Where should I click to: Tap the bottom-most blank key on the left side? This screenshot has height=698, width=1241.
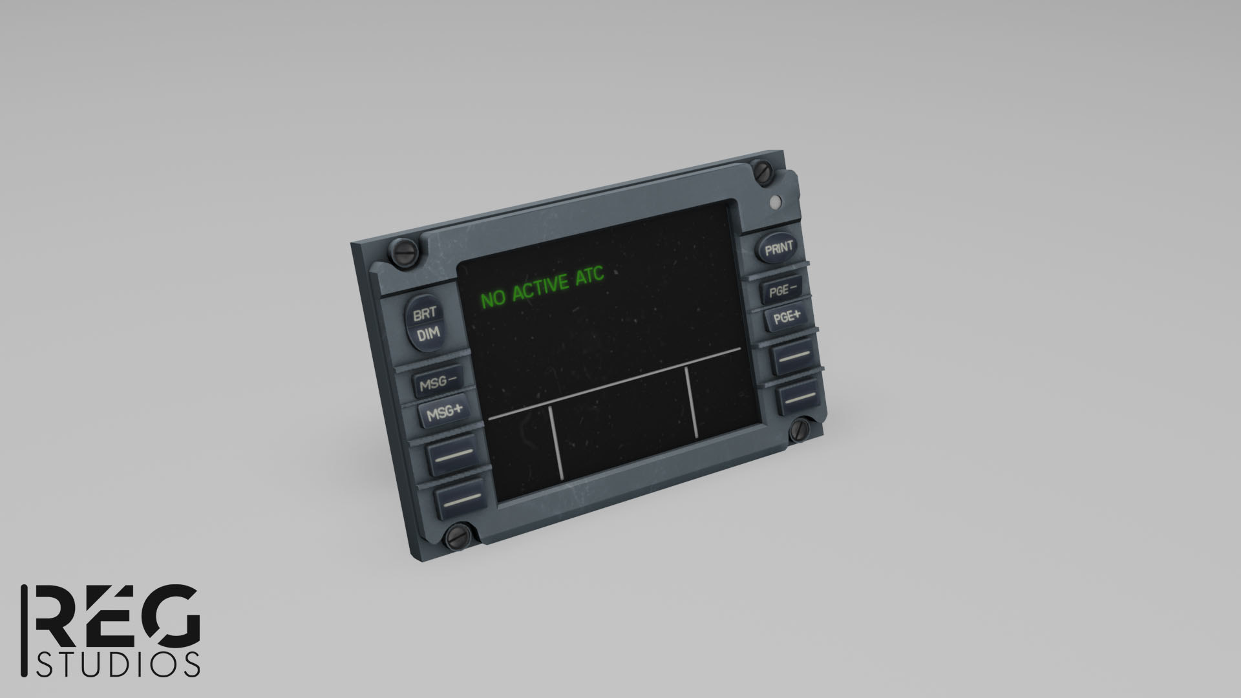pyautogui.click(x=458, y=498)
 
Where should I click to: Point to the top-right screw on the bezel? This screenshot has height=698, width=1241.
pyautogui.click(x=763, y=172)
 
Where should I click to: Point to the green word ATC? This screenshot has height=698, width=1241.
pyautogui.click(x=589, y=276)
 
